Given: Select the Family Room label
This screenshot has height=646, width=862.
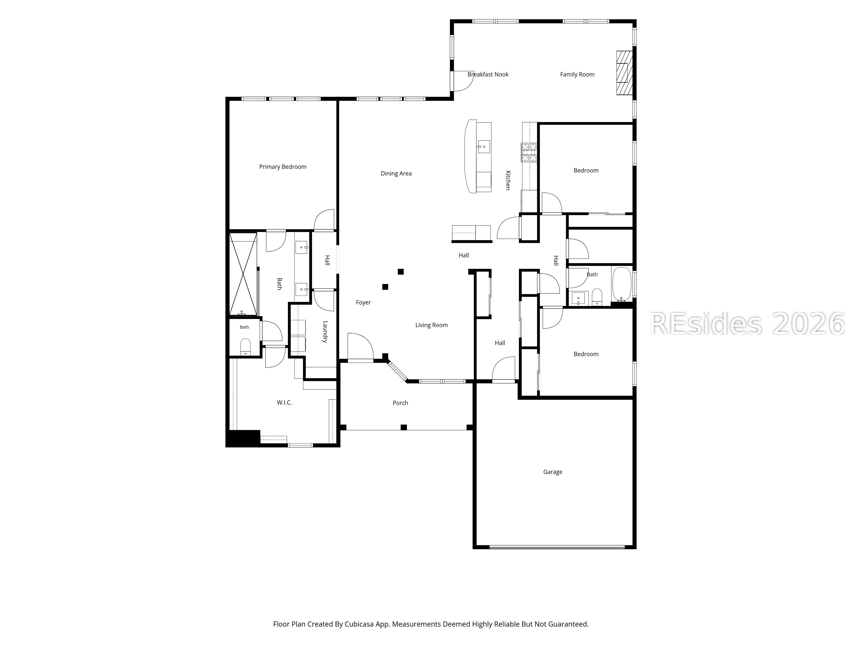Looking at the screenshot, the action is coord(577,74).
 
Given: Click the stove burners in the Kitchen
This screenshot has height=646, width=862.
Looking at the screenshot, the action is coord(529,152).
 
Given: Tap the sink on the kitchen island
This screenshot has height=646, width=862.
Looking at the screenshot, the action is coord(484,147).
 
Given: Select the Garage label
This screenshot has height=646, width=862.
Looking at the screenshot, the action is coord(553,472).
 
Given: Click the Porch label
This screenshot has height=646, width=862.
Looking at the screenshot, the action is coord(400,403).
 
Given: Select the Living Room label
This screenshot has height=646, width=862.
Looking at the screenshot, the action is coord(431,325).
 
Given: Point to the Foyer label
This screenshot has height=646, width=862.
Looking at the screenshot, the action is coord(363,303).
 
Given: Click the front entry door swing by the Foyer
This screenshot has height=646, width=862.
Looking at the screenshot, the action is coord(361,346).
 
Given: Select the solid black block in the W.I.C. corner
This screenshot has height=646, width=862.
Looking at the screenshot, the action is coord(243,438).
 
